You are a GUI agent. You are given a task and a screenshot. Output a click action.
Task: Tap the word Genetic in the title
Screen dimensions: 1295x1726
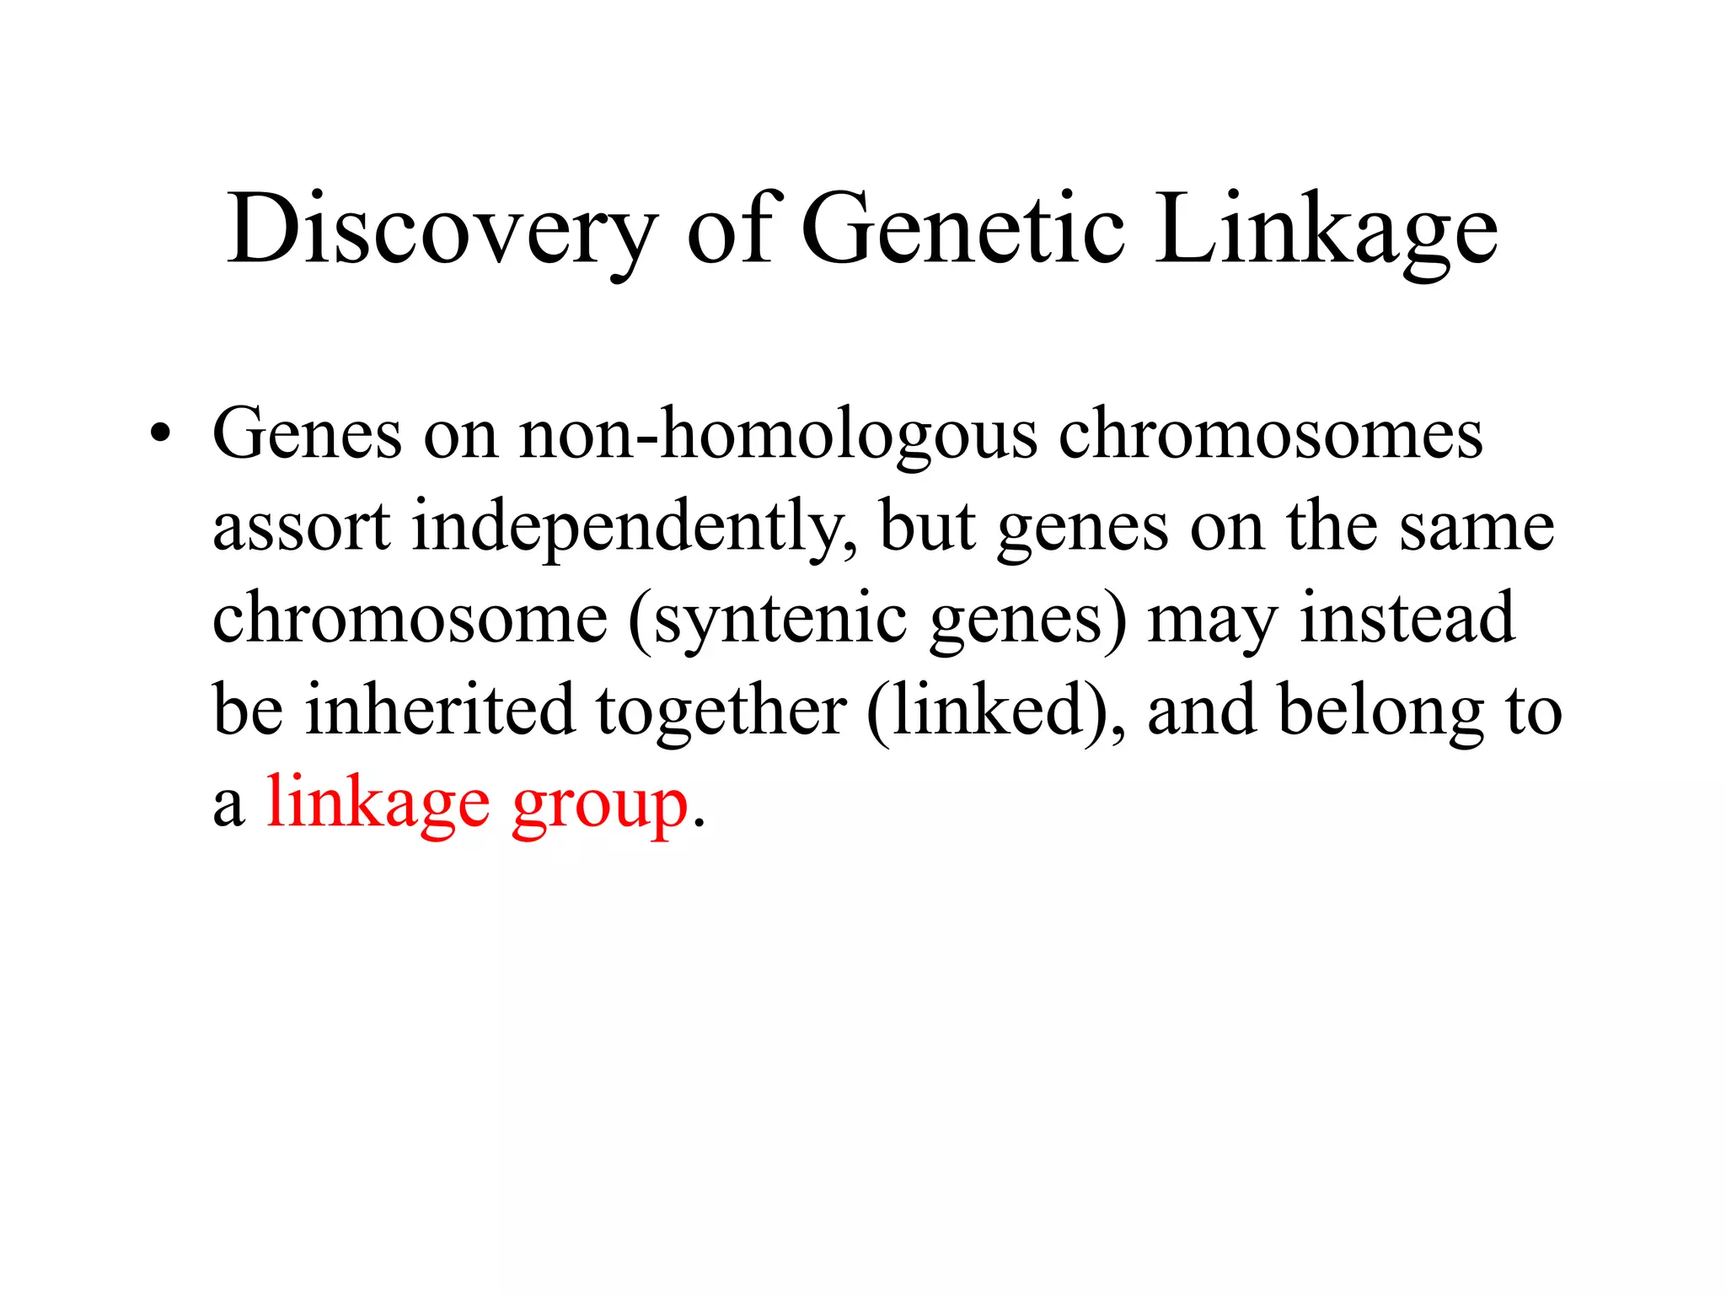coord(962,228)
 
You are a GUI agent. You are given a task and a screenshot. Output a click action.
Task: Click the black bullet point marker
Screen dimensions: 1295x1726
coord(159,435)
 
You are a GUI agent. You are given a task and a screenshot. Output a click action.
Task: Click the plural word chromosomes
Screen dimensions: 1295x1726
coord(1270,435)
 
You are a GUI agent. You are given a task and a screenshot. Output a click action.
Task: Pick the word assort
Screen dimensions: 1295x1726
coord(301,526)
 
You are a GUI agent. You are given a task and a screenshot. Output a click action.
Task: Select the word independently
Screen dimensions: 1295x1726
coord(634,528)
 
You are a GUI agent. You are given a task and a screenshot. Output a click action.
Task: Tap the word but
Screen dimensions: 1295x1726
coord(927,526)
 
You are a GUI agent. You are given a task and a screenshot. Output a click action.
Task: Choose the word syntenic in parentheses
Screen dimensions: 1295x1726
coord(780,620)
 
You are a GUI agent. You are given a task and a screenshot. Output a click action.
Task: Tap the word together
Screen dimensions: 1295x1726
coord(721,711)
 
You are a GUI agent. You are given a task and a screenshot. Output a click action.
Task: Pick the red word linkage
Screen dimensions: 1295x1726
coord(377,803)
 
